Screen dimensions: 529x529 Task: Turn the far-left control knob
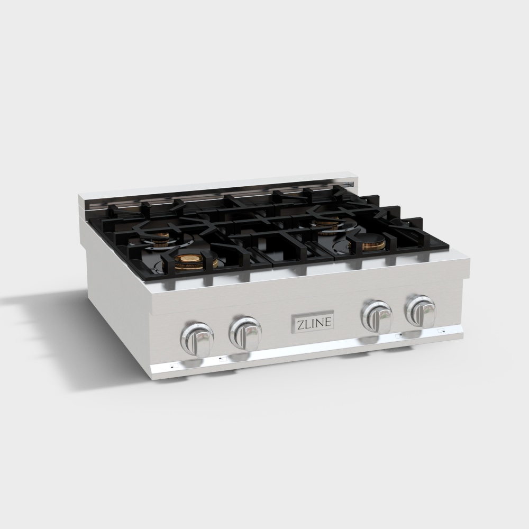(198, 338)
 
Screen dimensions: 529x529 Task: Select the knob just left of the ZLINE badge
(244, 332)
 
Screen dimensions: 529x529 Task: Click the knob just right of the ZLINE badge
(376, 316)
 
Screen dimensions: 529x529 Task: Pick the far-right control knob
(420, 311)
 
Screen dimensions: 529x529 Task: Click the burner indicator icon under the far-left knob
(172, 365)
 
